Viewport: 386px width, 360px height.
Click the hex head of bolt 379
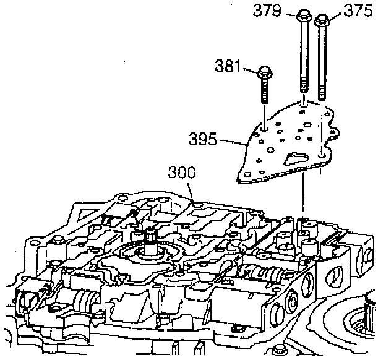coord(304,15)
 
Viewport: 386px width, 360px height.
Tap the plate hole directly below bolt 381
coord(265,131)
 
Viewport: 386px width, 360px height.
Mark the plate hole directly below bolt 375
coord(321,152)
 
